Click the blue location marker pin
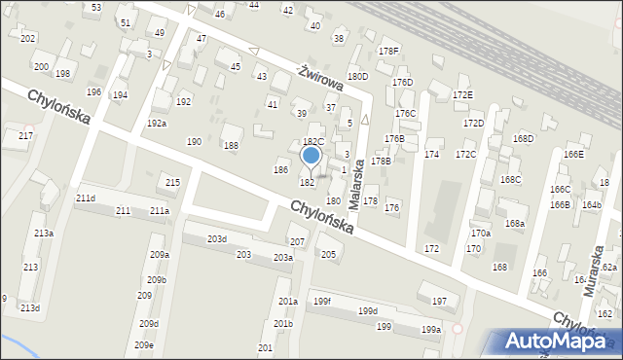311,156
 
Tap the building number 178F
388,51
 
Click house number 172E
462,95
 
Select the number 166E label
573,154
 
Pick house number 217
24,135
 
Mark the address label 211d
86,198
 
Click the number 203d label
216,238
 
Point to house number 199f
322,301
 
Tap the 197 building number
439,301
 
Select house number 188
231,146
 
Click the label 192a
157,124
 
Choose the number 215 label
172,183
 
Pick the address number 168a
515,224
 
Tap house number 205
329,255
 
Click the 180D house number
358,76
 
